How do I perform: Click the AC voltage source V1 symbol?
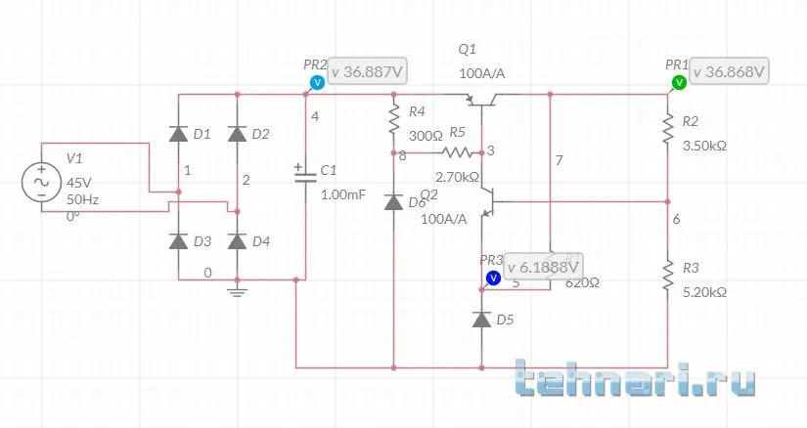coord(42,182)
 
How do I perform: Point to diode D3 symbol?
coord(178,240)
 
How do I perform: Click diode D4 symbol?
coord(236,240)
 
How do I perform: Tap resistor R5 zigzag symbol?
coord(457,152)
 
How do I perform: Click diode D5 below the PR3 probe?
coord(481,319)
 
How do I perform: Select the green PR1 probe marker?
coord(677,83)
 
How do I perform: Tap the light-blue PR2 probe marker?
coord(316,83)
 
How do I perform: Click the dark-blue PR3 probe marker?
coord(493,278)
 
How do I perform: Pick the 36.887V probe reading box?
coord(369,72)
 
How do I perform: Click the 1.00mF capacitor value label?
coord(343,194)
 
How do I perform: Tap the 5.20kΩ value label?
coord(704,292)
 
